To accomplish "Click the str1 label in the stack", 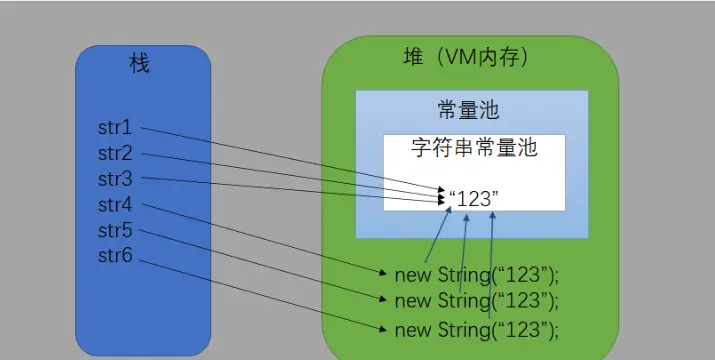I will [x=115, y=128].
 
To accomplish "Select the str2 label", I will [x=115, y=154].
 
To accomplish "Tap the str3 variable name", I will [x=115, y=179].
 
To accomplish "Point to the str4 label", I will [x=115, y=205].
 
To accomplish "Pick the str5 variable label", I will [x=115, y=231].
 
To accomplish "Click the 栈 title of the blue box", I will [x=140, y=64].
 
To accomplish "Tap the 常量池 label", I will [x=468, y=108].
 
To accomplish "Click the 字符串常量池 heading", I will [x=475, y=148].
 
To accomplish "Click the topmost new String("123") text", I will [x=476, y=272].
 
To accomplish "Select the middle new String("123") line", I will [x=476, y=299].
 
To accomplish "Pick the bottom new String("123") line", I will [x=476, y=328].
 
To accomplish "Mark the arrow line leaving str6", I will [x=260, y=293].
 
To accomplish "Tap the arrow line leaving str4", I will [x=260, y=237].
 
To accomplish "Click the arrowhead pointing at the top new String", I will [x=384, y=272].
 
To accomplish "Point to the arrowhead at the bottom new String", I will [x=384, y=328].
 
